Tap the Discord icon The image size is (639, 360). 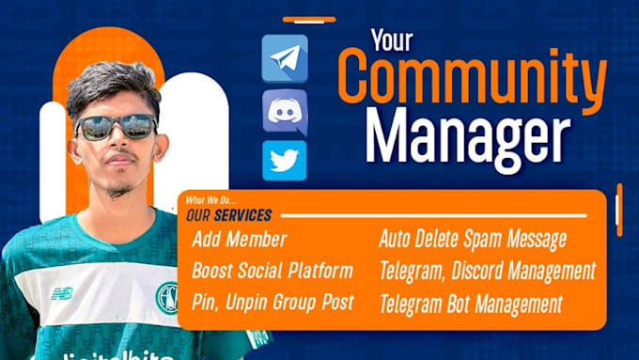[285, 111]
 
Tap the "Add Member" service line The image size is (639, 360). [239, 240]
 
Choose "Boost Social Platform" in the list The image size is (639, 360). [273, 272]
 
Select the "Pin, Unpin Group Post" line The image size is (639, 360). [273, 304]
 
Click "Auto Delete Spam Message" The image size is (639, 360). [473, 240]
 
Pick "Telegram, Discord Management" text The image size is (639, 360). [487, 272]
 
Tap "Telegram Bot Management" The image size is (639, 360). [471, 304]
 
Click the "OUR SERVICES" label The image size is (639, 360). [230, 215]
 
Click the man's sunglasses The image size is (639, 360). [117, 126]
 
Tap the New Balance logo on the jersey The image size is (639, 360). [62, 293]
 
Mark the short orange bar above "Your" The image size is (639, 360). [309, 18]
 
